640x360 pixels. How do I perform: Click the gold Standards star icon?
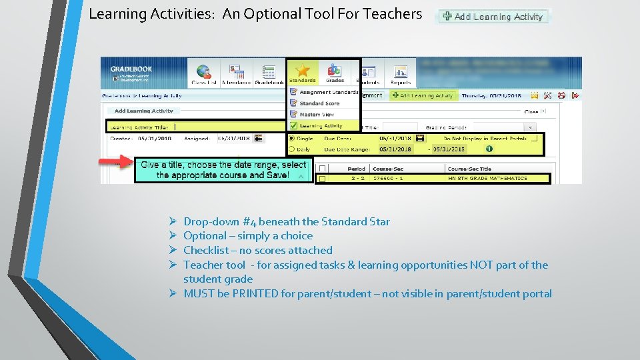click(303, 70)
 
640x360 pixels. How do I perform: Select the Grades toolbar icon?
click(335, 70)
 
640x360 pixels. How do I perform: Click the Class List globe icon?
click(204, 71)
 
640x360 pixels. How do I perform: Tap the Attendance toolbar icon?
click(236, 71)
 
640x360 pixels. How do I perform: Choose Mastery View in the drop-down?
click(294, 115)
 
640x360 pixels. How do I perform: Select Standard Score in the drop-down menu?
click(294, 103)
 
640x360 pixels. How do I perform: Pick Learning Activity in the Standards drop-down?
click(294, 125)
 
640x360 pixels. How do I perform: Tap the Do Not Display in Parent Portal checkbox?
click(534, 138)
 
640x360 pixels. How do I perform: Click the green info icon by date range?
click(489, 148)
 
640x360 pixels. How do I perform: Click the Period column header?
click(357, 169)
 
